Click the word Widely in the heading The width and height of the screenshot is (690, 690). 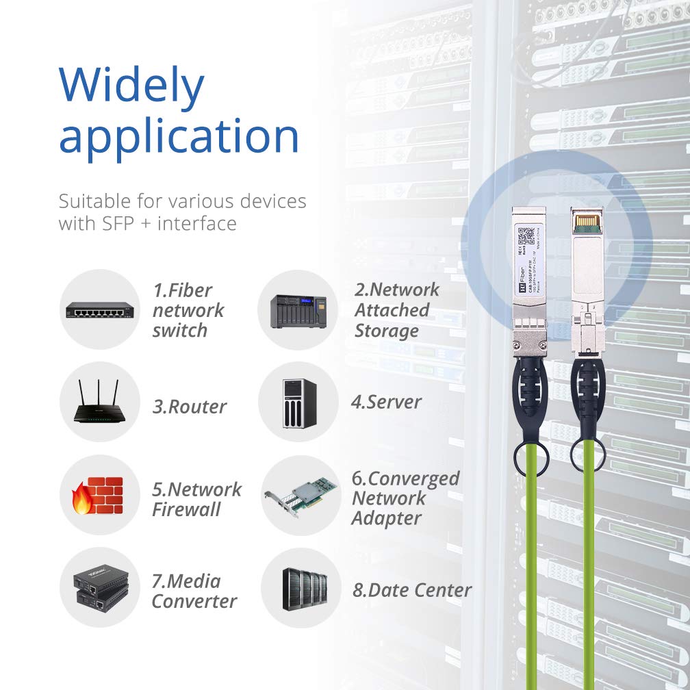[131, 85]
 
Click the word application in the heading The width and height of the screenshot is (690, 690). [179, 136]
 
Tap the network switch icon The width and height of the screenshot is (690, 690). [99, 310]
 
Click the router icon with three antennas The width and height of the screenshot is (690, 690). [99, 402]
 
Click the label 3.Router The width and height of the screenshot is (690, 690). [189, 407]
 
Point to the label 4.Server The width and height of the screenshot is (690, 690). [386, 402]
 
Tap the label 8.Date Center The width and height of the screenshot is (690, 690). [412, 590]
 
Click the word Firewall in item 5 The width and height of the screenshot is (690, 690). [186, 509]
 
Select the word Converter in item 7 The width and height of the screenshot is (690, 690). [194, 602]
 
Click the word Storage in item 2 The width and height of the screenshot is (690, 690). [386, 331]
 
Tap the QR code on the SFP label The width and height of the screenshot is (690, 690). [525, 237]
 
